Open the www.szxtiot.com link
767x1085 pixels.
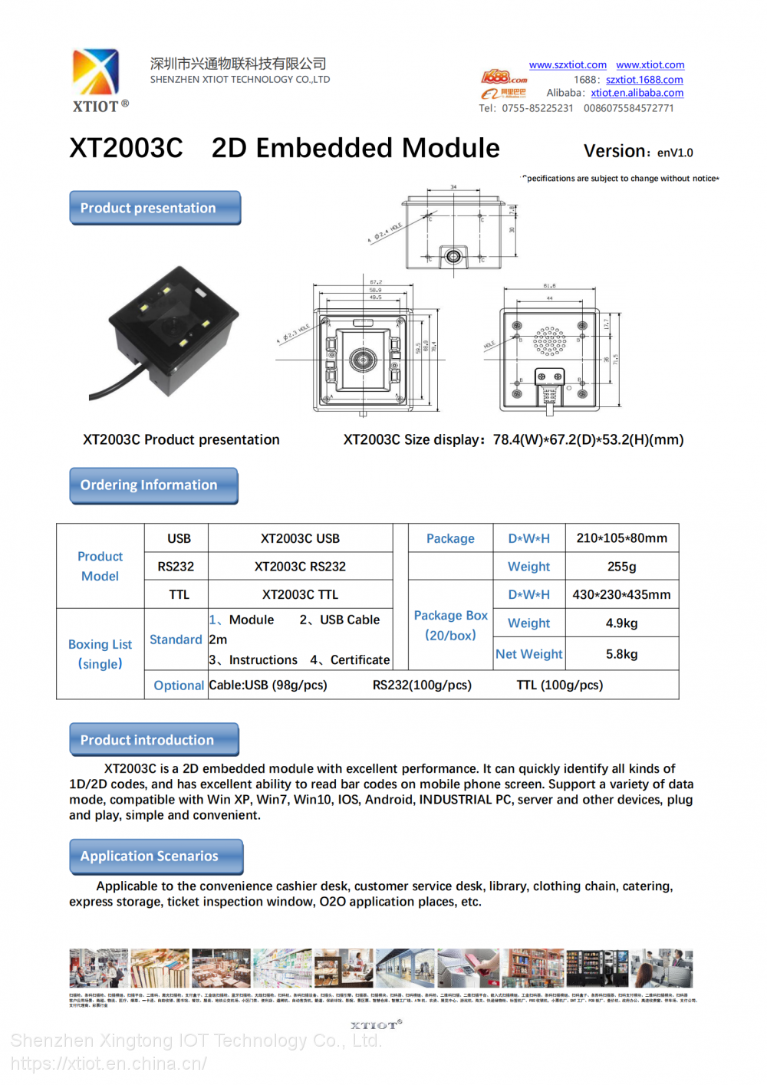tap(568, 65)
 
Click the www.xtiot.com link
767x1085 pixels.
tap(650, 65)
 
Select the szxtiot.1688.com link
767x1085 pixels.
tap(644, 80)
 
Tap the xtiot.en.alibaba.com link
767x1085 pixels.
tap(637, 93)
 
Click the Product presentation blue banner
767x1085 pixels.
tap(155, 208)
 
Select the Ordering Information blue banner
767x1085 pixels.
tap(153, 485)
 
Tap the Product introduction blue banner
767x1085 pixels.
tap(153, 740)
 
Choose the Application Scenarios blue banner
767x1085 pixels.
tap(156, 856)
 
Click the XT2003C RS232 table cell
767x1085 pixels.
tap(300, 567)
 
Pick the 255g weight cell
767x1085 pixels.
tap(621, 567)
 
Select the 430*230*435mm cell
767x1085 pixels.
tap(621, 594)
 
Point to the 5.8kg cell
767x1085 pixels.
tap(621, 654)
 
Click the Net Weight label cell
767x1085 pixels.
tap(528, 654)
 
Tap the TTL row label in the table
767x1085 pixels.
tap(179, 594)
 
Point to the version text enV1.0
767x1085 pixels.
tap(675, 153)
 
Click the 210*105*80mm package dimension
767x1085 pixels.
tap(621, 538)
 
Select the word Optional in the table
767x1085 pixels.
tap(179, 686)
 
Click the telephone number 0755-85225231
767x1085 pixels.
tap(537, 108)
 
